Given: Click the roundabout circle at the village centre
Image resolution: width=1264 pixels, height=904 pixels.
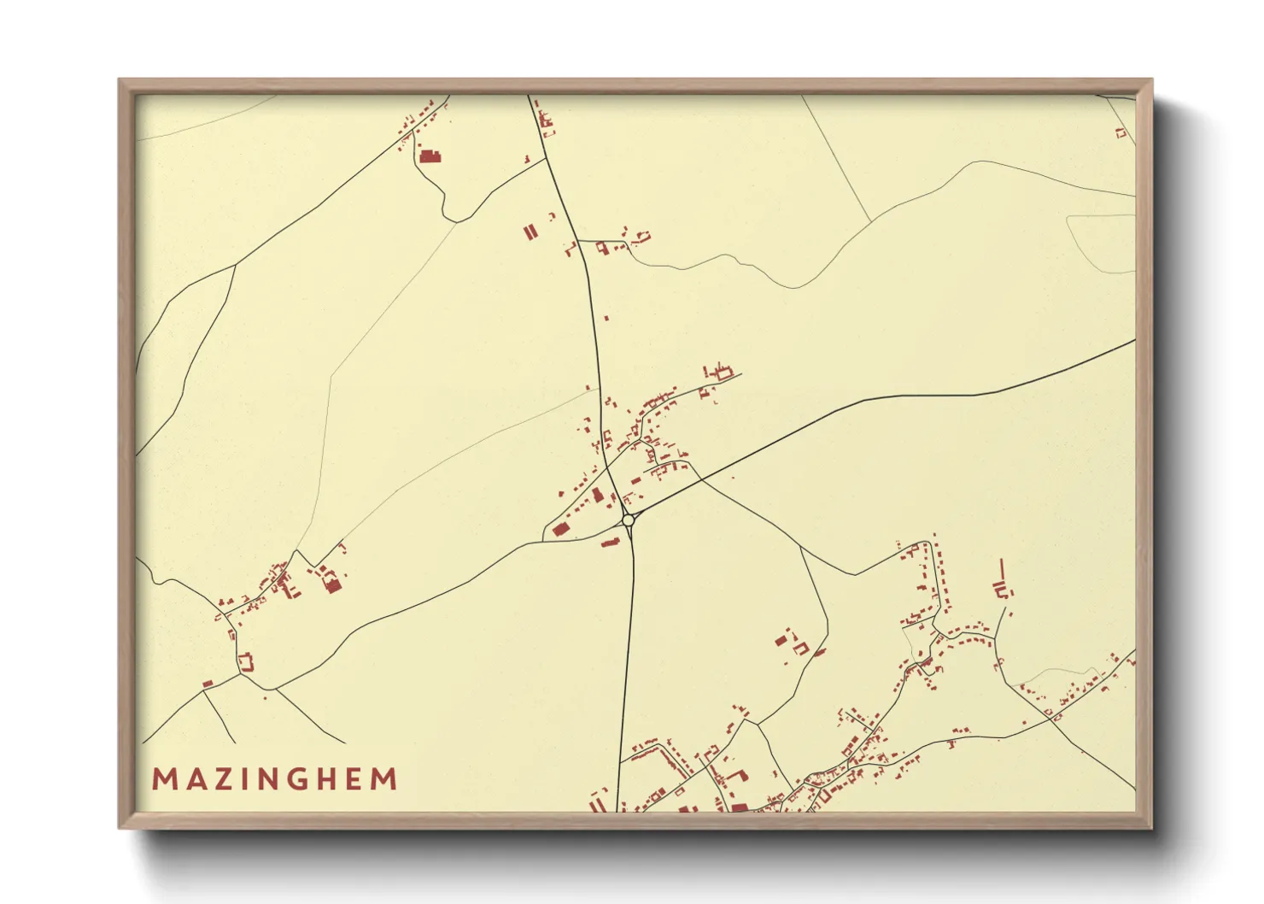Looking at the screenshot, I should [629, 520].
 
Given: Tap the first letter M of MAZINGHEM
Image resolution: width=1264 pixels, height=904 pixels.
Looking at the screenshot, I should [164, 779].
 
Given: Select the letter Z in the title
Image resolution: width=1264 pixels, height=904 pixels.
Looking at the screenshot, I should [222, 779].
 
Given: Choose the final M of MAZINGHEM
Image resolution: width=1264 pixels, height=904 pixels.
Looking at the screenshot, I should [385, 779].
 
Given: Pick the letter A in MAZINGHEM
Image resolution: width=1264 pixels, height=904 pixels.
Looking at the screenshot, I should [193, 779].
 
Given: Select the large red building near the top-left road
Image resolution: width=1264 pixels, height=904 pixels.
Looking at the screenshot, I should [430, 156].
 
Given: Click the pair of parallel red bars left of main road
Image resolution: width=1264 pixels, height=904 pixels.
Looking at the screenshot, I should [530, 232].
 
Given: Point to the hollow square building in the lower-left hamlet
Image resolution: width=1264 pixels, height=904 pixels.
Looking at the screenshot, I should [247, 661].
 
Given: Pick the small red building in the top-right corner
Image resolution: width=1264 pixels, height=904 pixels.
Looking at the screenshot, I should [1121, 132].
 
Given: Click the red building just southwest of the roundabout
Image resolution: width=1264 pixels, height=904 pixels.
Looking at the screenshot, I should [610, 542].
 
